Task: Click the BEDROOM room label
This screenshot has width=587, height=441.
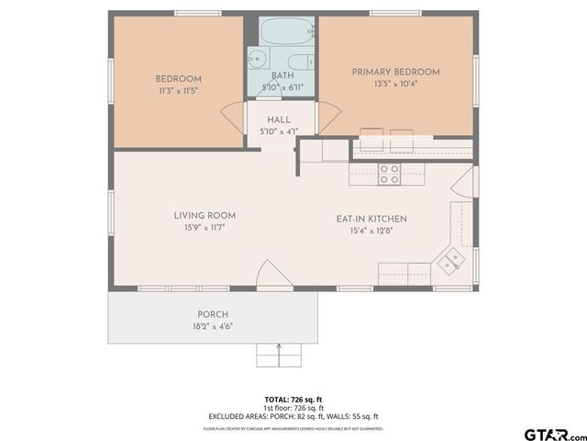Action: pos(178,79)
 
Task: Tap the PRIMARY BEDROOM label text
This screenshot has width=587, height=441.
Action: pos(396,72)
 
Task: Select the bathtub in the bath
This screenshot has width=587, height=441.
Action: pos(282,33)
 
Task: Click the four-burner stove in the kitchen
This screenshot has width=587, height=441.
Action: pos(389,174)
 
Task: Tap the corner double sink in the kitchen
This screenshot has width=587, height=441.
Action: pos(449,262)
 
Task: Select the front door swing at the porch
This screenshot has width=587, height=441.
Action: pos(271,275)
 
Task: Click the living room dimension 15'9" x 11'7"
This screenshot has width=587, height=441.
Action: pos(199,227)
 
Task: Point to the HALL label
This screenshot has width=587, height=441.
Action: pos(279,120)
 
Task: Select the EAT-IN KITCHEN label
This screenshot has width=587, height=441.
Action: pos(371,219)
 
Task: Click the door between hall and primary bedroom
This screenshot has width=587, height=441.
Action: pos(328,117)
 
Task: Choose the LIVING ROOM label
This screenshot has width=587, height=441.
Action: pos(199,216)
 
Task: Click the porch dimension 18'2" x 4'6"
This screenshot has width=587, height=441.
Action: pos(213,326)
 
